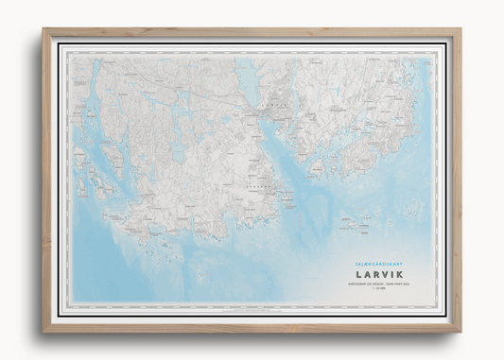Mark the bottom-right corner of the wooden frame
tap(461, 330)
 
